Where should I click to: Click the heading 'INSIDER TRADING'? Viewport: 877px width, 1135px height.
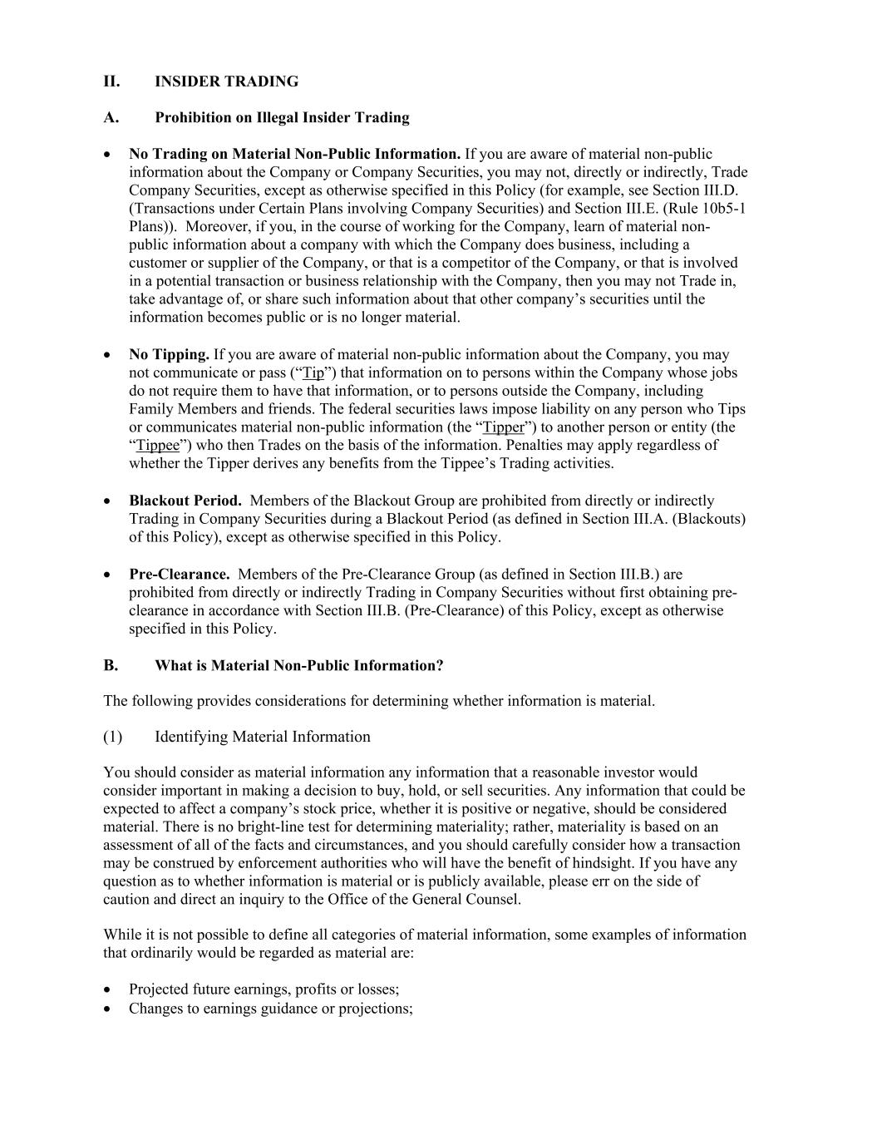tap(226, 81)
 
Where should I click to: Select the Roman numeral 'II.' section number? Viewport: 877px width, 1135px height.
tap(111, 81)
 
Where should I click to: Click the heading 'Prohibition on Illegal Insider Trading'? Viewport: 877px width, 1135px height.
tap(282, 117)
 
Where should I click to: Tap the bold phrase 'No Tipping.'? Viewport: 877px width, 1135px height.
tap(169, 355)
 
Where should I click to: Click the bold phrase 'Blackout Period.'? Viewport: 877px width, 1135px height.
tap(185, 501)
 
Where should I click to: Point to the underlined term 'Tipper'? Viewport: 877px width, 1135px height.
tap(504, 427)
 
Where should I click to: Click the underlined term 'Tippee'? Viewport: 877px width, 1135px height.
tap(157, 446)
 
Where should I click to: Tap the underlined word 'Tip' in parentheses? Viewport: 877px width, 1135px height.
tap(313, 373)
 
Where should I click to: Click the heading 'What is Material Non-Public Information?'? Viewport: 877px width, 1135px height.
tap(298, 665)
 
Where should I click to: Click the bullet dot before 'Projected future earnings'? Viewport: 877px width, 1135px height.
tap(108, 990)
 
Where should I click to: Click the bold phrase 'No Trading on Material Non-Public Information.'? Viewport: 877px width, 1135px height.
tap(294, 154)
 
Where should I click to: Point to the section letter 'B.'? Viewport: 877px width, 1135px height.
tap(111, 665)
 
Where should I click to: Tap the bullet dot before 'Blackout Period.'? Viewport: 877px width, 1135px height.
tap(108, 501)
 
